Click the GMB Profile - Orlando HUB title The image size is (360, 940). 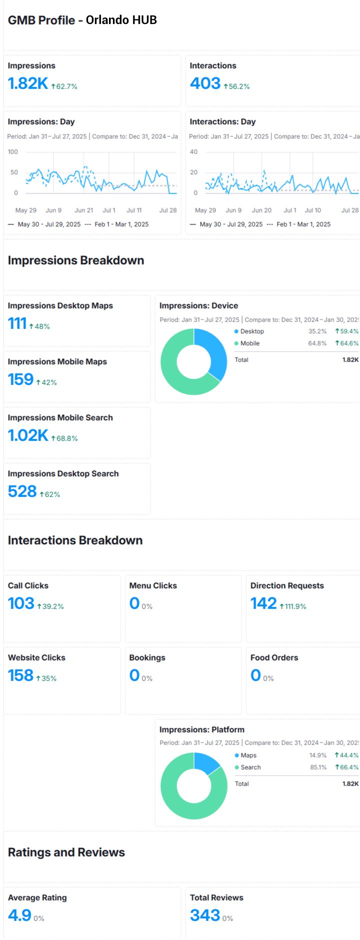coord(82,20)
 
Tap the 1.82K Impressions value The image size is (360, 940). coord(28,83)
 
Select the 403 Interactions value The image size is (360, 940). coord(205,83)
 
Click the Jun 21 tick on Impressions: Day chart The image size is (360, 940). coord(84,210)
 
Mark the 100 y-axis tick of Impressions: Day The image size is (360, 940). coord(13,152)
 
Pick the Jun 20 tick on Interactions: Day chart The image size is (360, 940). coord(261,210)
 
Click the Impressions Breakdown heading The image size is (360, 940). coord(76,260)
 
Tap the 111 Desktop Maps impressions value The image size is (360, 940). coord(17,323)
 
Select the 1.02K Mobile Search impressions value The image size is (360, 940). coord(28,435)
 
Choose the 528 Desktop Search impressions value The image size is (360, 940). coord(22,491)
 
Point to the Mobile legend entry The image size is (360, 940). coord(250,343)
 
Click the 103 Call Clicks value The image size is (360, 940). coord(21,603)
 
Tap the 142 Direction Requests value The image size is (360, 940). coord(263,603)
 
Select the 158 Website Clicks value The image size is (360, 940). coord(20,675)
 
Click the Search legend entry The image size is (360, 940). coord(250,767)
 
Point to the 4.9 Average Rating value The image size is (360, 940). coord(19,915)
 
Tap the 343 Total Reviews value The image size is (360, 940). coord(205,915)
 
